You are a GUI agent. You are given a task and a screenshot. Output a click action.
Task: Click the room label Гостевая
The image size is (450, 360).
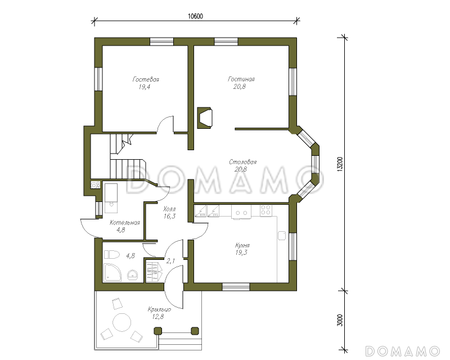[146, 79]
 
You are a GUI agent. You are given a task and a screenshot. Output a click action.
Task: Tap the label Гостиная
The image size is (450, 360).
[241, 79]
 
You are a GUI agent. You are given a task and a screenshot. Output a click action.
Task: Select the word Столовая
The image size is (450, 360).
[243, 162]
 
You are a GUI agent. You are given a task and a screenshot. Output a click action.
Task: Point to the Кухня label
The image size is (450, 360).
[242, 245]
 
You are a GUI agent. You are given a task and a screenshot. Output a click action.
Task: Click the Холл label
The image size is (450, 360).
[169, 209]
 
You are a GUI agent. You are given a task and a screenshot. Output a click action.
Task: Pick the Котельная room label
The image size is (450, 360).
[124, 223]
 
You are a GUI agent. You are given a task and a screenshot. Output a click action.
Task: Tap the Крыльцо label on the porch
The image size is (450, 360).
[160, 309]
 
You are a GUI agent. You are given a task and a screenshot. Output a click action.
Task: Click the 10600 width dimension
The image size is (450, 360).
[195, 16]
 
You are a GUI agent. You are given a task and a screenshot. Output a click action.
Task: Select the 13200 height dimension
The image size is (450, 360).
[340, 164]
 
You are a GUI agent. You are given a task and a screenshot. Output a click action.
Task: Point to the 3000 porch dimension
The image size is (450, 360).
[340, 321]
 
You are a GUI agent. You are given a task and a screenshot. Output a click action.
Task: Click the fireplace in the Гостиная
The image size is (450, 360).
[205, 118]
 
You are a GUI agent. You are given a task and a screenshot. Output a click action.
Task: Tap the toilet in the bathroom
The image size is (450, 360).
[111, 255]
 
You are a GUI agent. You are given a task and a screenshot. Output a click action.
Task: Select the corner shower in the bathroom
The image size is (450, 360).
[112, 272]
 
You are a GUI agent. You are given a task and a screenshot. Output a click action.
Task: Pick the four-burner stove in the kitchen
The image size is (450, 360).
[265, 210]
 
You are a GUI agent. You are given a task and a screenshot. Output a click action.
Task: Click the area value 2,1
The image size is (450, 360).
[171, 260]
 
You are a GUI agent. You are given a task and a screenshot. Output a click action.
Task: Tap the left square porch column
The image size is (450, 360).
[158, 331]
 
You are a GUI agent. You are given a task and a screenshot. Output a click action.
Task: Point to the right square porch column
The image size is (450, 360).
[195, 331]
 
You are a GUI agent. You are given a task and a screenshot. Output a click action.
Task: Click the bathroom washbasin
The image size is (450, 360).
[132, 274]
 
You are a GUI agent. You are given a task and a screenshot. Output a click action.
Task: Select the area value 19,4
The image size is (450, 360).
[145, 87]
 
